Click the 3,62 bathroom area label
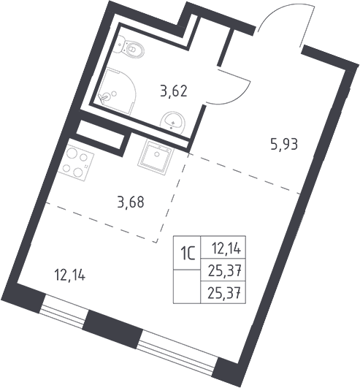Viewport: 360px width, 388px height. [x=173, y=91]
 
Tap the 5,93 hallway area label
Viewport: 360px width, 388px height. [x=284, y=144]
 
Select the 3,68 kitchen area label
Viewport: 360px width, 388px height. [x=131, y=203]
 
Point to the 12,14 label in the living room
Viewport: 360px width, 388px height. [x=69, y=275]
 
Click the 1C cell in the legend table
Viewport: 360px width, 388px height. [x=187, y=253]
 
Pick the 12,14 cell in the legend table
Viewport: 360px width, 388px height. [x=223, y=248]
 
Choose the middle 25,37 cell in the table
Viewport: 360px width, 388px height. [x=223, y=270]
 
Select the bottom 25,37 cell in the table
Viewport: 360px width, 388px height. [x=223, y=292]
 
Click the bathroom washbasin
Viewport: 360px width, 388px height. [x=172, y=121]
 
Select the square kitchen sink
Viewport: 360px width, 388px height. [x=156, y=157]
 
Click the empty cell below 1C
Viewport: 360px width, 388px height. [x=187, y=286]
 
